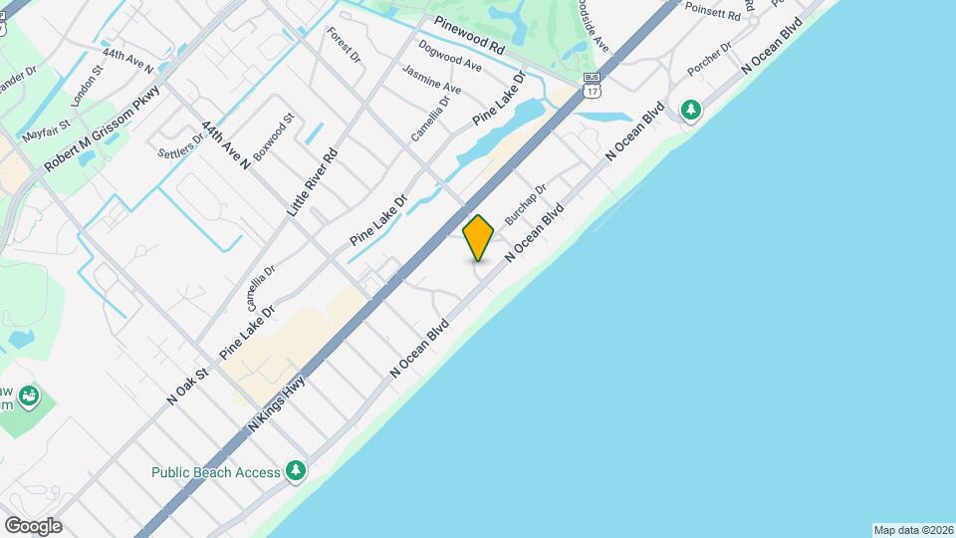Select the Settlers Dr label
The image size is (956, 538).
coord(181,145)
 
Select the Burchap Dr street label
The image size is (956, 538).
coord(526,203)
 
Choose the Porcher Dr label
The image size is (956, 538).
coord(709,60)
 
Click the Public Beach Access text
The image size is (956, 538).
coord(216,471)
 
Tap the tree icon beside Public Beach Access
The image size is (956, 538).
coord(295,470)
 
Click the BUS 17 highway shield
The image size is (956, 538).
coord(593,84)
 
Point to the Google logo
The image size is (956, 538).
coord(33,525)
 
